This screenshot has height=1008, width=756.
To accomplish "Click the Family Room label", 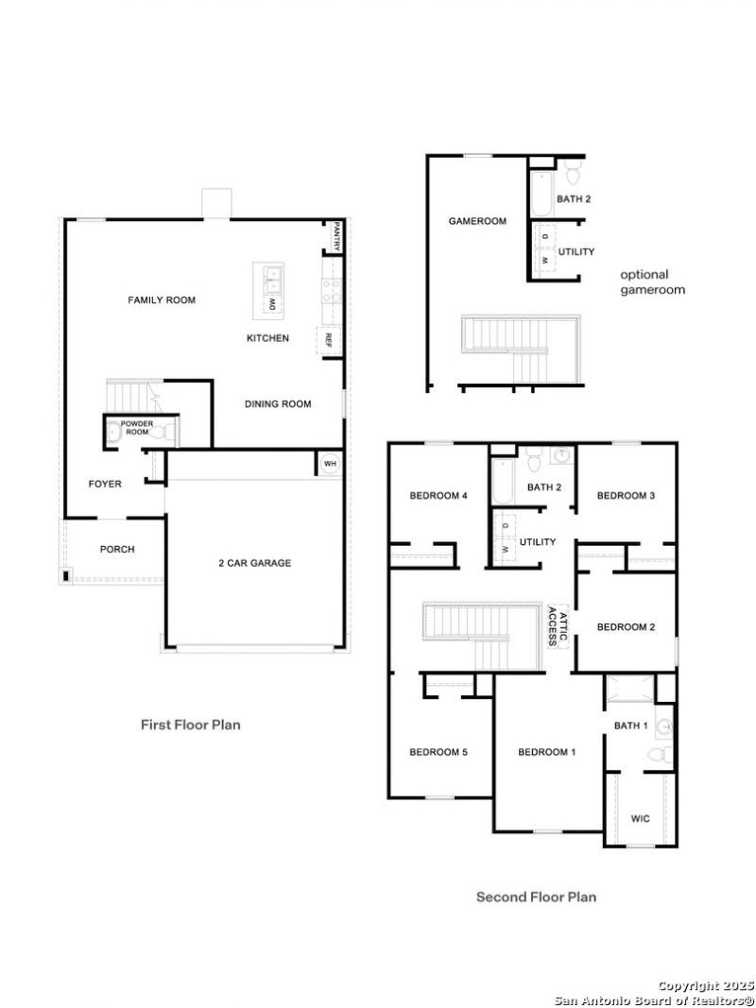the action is pos(162,300).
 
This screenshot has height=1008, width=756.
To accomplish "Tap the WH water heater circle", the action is pos(330,464).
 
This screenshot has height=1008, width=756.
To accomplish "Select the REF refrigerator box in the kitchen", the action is pos(329,339).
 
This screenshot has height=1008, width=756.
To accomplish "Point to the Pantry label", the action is pos(336,236).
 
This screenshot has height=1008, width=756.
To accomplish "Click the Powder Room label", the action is pos(137,428).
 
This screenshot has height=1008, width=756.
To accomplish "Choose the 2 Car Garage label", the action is pos(254,563).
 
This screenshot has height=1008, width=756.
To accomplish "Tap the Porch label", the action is pos(117,549).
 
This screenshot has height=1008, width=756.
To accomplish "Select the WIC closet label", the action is pos(641,819).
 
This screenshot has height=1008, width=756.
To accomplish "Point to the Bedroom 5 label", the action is pos(438,752).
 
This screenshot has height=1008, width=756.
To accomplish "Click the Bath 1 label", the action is pos(630,726).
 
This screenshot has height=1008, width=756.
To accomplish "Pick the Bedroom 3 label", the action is pos(627,496).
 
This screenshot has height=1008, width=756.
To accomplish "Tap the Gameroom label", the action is pos(477,221).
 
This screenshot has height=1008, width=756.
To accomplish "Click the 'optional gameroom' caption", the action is pos(652,282).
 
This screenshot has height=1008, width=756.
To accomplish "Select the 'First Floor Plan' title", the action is pos(191,725).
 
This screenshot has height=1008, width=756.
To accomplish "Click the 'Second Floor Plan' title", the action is pos(536,897).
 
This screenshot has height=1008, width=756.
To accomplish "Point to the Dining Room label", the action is pos(278,404).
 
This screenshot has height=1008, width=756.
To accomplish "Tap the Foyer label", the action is pos(105,484).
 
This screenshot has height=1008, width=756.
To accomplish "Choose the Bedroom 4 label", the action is pos(438,496).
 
